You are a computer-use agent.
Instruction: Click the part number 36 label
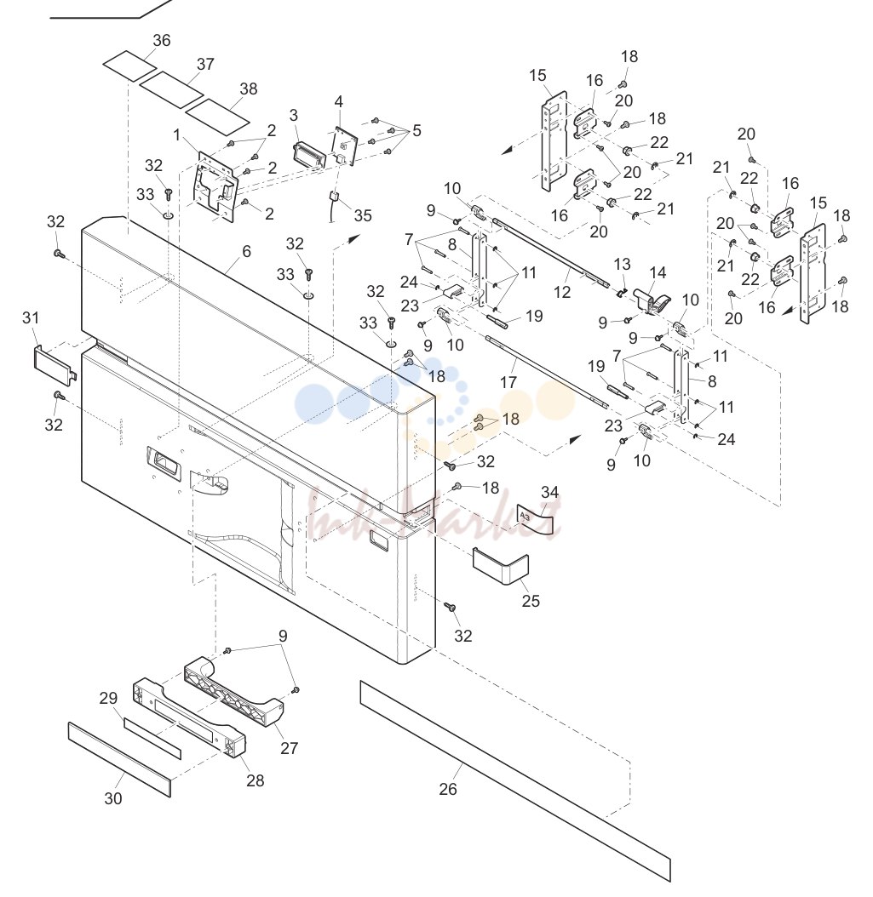tap(162, 41)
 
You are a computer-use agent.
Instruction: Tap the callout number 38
tap(249, 89)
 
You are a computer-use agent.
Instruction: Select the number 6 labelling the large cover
tap(247, 252)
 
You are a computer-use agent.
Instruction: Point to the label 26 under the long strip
tap(448, 789)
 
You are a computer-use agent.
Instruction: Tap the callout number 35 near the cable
tap(363, 215)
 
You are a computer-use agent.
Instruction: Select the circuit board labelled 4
tap(345, 146)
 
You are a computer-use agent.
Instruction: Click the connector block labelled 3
tap(308, 155)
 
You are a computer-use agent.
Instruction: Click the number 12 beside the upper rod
tap(561, 292)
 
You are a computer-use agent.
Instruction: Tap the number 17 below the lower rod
tap(508, 381)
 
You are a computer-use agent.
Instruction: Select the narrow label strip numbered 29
tap(152, 739)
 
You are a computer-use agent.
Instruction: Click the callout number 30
tap(112, 798)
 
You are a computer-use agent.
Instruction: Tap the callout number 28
tap(255, 780)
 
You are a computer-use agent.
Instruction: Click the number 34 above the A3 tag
tap(549, 492)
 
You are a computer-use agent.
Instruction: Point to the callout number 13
tap(622, 265)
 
